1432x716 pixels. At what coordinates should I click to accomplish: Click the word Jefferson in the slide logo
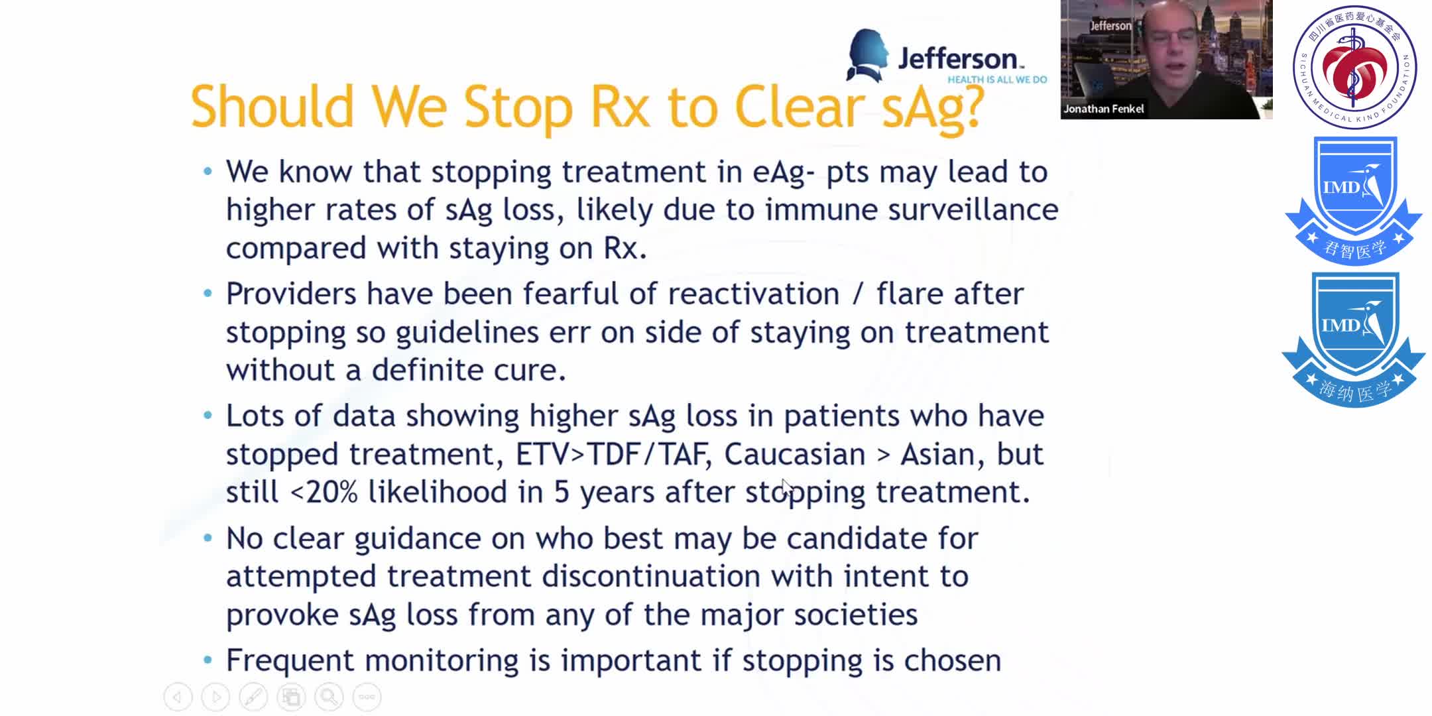coord(957,60)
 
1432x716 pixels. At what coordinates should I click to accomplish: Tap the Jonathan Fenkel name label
coord(1103,109)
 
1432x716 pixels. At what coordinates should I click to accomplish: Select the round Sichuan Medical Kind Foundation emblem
coord(1354,67)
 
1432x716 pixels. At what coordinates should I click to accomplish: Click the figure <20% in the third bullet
coord(324,493)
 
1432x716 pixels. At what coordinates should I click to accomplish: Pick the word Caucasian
coord(794,455)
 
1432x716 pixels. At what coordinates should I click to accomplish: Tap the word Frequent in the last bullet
coord(290,661)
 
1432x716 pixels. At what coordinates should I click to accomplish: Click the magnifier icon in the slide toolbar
coord(329,697)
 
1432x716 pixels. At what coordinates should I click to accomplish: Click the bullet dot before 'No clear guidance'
coord(208,538)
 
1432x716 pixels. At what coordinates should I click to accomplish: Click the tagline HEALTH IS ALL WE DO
coord(996,80)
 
